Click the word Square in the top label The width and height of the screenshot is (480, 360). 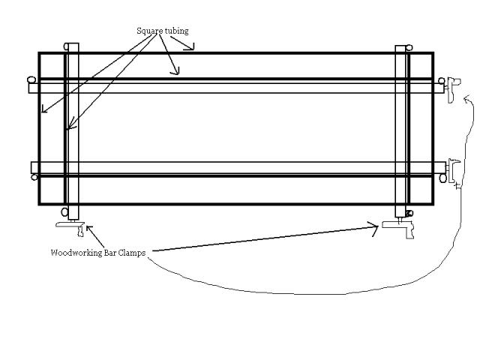point(148,31)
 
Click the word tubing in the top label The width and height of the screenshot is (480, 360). point(175,31)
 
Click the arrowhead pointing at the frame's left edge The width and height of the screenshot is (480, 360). point(43,109)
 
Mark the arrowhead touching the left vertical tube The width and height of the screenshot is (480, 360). point(68,129)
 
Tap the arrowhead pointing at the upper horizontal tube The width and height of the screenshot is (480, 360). point(177,72)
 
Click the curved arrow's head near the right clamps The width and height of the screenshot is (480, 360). point(466,100)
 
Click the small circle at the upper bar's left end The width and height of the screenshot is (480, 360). point(31,80)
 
